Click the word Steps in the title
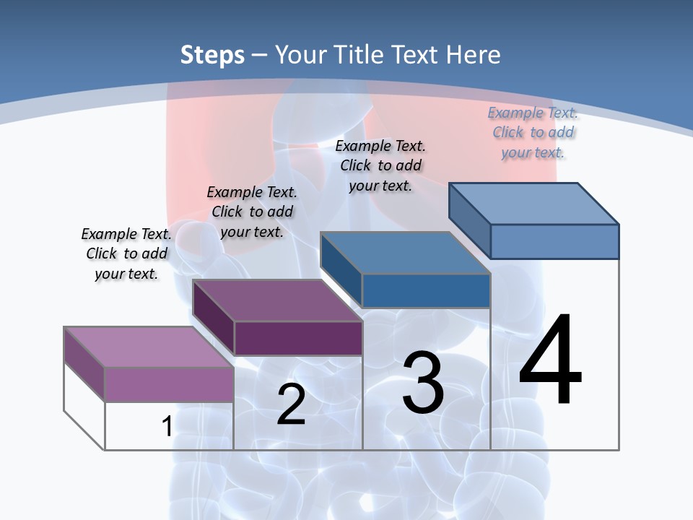click(x=212, y=55)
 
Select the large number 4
click(x=550, y=361)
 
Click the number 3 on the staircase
click(x=423, y=383)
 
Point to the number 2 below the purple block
click(x=291, y=404)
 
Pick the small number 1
click(x=167, y=426)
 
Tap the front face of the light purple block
click(x=169, y=384)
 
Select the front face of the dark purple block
click(x=298, y=338)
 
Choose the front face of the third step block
click(x=426, y=290)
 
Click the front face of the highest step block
click(x=554, y=241)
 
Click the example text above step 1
click(x=126, y=253)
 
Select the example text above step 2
click(x=252, y=212)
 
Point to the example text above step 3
click(x=380, y=165)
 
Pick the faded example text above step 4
click(x=533, y=132)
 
